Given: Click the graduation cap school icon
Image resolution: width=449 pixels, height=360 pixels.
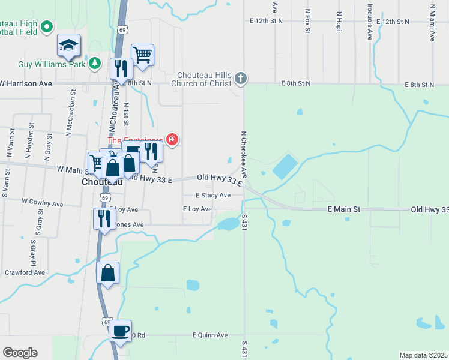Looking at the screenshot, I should (69, 44).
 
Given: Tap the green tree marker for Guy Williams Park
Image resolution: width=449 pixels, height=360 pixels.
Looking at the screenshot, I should (94, 62).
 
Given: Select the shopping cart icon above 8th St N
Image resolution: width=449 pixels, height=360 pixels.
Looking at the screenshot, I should (142, 55).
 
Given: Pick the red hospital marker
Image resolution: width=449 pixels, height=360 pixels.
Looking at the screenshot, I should (172, 140).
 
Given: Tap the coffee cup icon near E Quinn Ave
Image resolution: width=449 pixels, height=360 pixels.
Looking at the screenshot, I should (120, 330).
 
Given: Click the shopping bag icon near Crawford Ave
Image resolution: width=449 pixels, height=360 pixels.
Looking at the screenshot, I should (107, 274).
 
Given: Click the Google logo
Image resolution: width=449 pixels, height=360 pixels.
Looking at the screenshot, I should (20, 353).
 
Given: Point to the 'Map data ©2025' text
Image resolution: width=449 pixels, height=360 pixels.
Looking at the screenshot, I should (423, 355).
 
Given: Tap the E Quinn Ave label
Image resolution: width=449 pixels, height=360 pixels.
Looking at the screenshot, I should (210, 335).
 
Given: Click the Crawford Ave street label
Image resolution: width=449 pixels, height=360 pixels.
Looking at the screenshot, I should (25, 272).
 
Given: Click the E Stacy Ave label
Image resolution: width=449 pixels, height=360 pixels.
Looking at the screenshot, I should (213, 196).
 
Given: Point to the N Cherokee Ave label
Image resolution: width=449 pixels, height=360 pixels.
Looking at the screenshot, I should (244, 155).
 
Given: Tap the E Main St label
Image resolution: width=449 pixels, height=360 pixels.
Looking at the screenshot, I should (343, 209).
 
